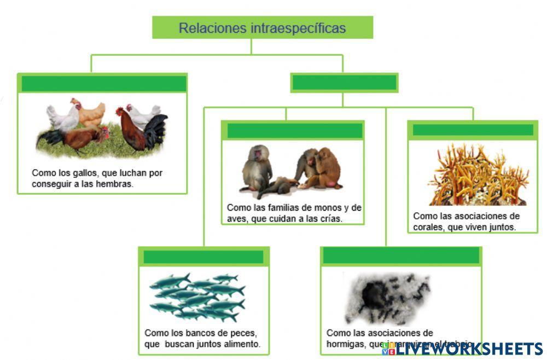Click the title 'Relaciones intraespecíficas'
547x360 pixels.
262,28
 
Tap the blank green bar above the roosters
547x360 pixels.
103,84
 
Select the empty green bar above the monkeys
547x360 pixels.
294,131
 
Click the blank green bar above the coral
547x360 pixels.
473,130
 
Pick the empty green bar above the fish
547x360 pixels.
203,257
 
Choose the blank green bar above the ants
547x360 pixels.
401,256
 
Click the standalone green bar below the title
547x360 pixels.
344,83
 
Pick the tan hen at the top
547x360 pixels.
91,112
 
